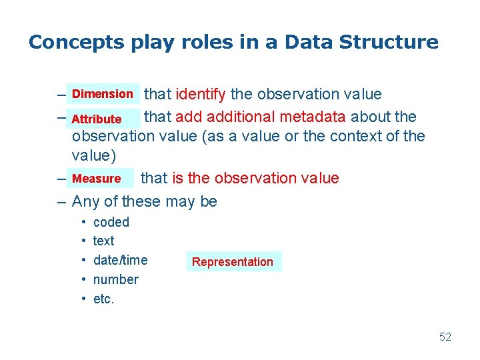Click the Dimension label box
tap(103, 94)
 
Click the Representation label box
tap(233, 262)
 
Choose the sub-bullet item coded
tap(111, 222)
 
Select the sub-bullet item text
tap(103, 241)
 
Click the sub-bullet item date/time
tap(120, 260)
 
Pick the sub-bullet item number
tap(115, 279)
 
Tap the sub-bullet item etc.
tap(103, 299)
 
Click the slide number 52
tap(445, 337)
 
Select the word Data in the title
tap(309, 43)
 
